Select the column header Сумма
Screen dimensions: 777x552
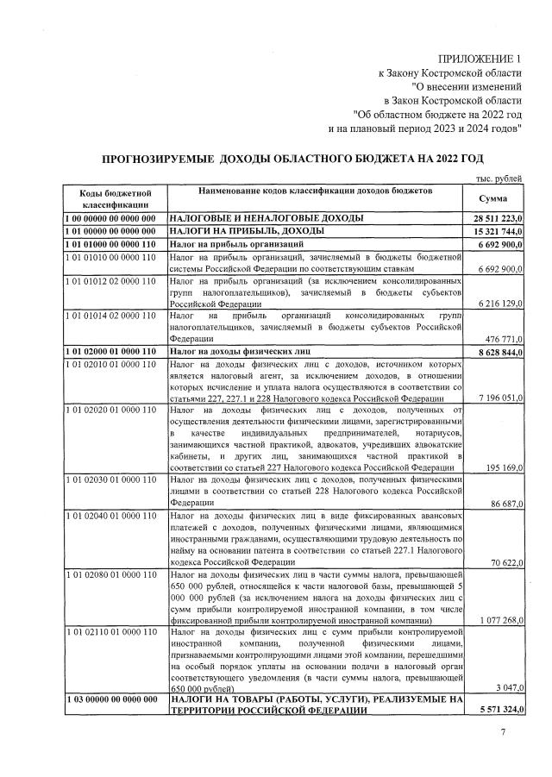[492, 198]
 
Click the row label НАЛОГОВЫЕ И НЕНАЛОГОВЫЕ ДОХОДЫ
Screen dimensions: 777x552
[267, 219]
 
